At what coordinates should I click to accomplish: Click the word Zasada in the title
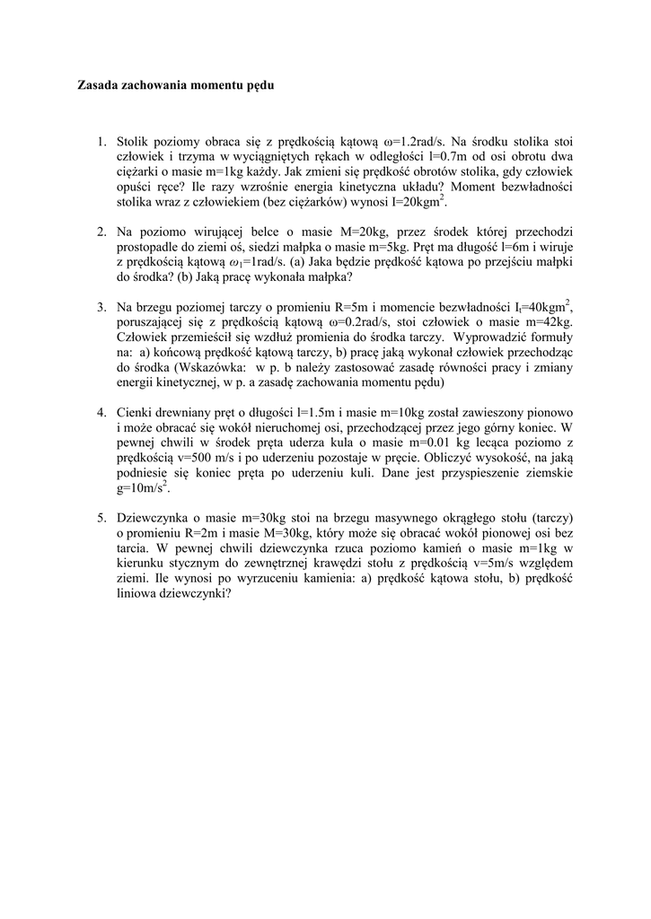tap(98, 86)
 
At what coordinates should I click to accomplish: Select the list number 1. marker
tap(101, 141)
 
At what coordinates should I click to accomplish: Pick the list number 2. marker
tap(101, 232)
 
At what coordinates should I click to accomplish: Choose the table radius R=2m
tap(196, 534)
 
